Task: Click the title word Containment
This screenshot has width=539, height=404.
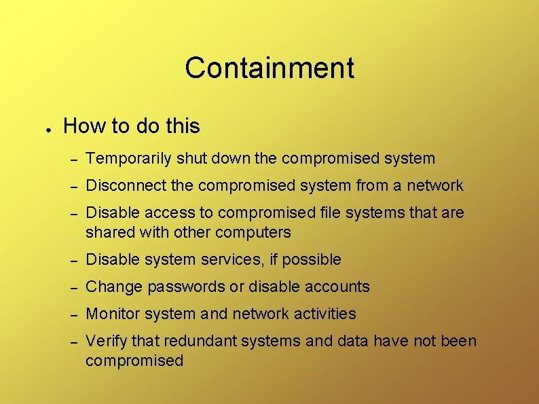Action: coord(269,68)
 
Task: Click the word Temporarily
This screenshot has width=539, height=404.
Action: coord(129,159)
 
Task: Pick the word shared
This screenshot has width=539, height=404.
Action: coord(109,232)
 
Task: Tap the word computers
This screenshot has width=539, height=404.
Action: coord(253,232)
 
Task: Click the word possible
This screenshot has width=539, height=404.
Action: coord(312,260)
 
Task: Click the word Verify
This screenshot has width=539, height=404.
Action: coord(105,341)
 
